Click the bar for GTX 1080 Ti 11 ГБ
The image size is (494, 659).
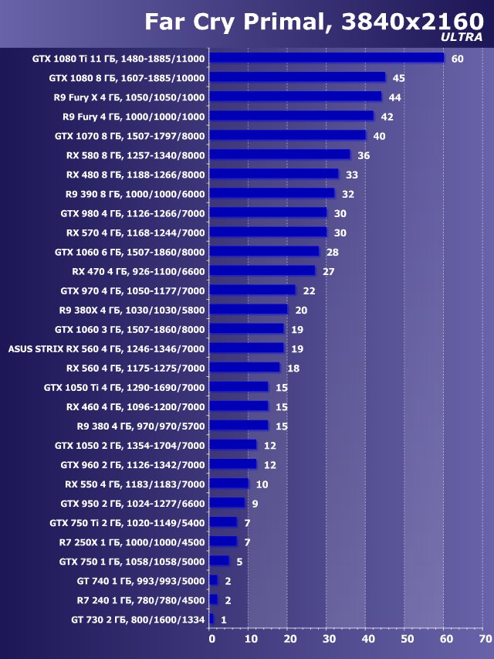click(x=327, y=58)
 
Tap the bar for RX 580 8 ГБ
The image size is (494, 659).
click(x=279, y=155)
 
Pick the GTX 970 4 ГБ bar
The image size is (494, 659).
click(x=252, y=290)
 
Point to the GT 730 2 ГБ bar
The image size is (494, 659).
click(x=211, y=619)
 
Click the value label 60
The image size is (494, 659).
click(x=457, y=59)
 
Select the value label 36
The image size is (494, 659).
click(x=364, y=155)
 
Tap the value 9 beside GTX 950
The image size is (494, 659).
click(x=255, y=504)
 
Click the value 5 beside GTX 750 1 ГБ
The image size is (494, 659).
click(x=239, y=562)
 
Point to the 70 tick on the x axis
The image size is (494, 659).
click(x=484, y=639)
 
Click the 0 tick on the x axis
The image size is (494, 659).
click(x=211, y=639)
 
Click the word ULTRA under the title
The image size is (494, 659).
click(x=462, y=36)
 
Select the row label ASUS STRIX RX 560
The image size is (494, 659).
click(x=107, y=348)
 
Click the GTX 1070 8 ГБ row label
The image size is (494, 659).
click(x=130, y=135)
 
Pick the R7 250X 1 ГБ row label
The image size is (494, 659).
click(x=132, y=542)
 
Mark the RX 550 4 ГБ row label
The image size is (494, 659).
click(x=135, y=484)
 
